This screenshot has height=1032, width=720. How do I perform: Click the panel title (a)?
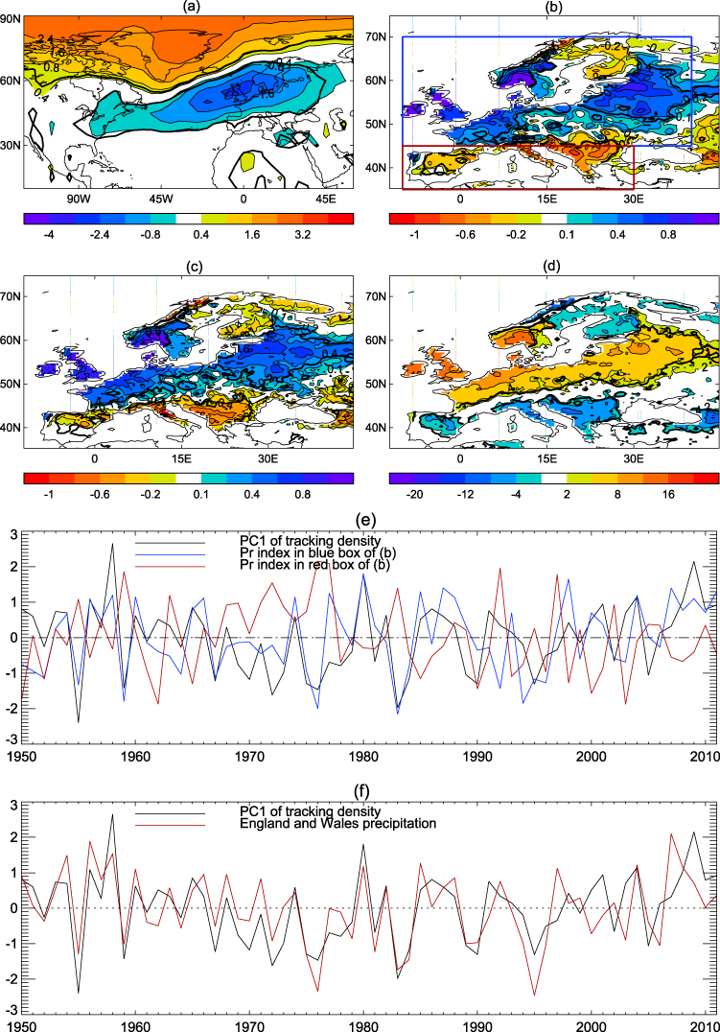187,8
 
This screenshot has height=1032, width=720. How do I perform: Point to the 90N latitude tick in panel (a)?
11,16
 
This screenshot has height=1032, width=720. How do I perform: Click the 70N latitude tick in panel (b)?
378,37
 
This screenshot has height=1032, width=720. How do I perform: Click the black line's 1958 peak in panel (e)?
112,544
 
